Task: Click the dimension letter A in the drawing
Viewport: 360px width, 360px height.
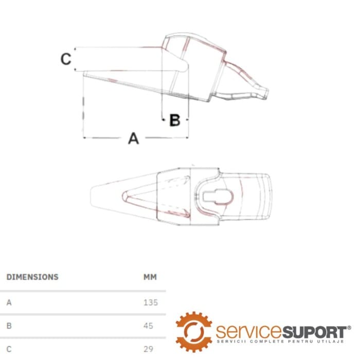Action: pos(133,138)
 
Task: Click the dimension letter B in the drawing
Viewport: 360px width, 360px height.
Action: pos(175,120)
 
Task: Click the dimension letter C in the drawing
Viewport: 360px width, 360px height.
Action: pos(66,59)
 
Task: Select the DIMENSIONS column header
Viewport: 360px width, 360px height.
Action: pos(32,277)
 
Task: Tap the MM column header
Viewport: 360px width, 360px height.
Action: pos(150,277)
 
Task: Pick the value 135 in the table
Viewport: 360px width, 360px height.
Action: pos(151,302)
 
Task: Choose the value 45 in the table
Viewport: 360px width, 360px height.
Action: pos(148,326)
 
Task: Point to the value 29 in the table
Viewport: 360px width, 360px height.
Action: pos(148,349)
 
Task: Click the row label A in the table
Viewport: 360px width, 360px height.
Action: pos(9,302)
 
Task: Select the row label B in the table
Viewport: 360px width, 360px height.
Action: pos(9,326)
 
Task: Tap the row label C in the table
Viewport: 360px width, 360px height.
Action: pos(9,349)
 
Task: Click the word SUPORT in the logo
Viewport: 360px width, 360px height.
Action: pos(314,332)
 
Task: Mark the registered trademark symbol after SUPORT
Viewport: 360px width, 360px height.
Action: pos(349,328)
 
